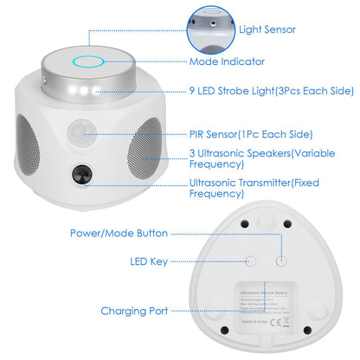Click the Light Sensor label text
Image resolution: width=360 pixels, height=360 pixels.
pyautogui.click(x=267, y=29)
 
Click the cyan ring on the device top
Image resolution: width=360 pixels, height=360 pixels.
pyautogui.click(x=88, y=62)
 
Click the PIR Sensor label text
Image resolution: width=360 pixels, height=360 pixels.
pyautogui.click(x=251, y=134)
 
